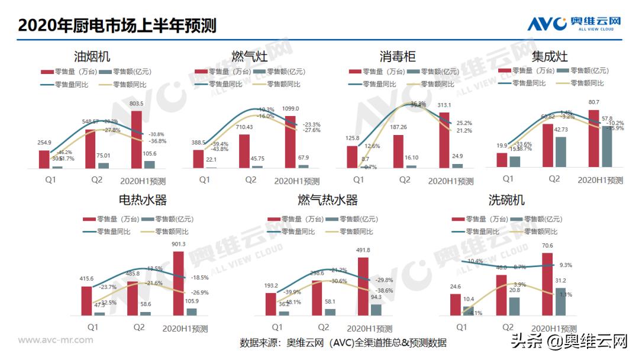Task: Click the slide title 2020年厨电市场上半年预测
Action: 117,25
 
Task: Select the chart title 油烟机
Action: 92,57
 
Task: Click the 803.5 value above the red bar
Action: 137,104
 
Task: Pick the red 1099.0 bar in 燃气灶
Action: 290,142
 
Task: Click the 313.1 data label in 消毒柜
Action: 444,105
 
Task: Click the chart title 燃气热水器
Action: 328,200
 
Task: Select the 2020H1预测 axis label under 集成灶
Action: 600,179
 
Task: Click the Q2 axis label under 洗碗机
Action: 508,327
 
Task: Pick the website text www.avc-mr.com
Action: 56,340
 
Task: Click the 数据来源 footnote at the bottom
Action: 343,343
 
